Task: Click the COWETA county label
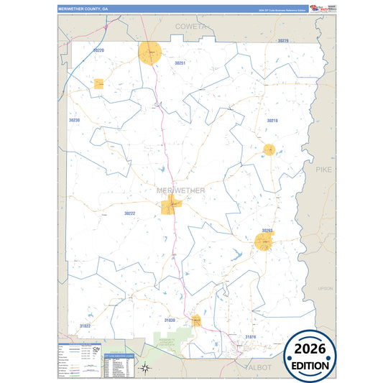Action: point(191,26)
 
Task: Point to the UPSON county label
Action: point(326,288)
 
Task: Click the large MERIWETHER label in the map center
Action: point(180,190)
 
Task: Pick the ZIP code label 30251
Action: point(180,63)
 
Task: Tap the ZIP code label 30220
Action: point(98,50)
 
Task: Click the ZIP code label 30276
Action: point(282,41)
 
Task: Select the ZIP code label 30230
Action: point(74,120)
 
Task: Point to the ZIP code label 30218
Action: point(272,121)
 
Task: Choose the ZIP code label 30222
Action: point(129,213)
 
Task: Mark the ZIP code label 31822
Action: point(85,326)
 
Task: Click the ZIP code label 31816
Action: point(250,336)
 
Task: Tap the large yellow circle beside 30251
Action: point(151,53)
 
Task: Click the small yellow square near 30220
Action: point(99,83)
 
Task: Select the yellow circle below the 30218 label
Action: point(269,149)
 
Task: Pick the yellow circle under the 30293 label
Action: point(264,241)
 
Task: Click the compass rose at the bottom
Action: point(144,369)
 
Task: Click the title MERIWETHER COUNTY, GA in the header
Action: point(83,9)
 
